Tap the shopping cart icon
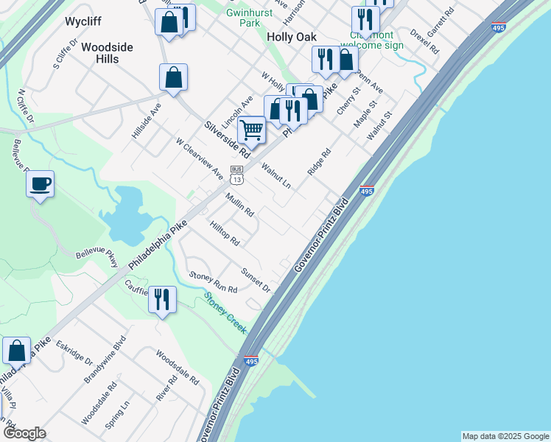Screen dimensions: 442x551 pos(251,131)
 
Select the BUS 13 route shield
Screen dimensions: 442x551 pos(236,175)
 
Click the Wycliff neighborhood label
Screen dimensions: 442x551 pos(83,21)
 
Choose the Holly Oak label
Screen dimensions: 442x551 pos(291,37)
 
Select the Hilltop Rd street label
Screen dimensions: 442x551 pos(225,233)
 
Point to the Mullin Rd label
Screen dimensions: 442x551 pos(240,205)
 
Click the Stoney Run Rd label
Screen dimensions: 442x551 pos(213,283)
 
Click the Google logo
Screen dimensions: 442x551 pos(24,433)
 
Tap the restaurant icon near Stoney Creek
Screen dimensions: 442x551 pos(161,300)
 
